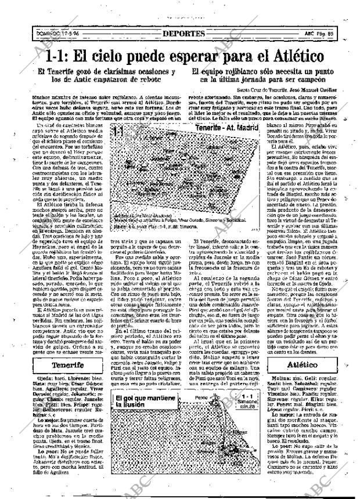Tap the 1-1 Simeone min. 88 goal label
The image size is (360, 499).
pyautogui.click(x=247, y=402)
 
